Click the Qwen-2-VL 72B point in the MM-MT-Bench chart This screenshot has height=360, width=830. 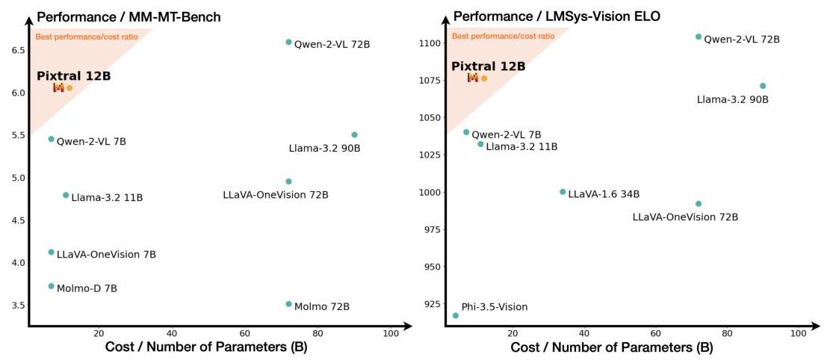click(x=288, y=42)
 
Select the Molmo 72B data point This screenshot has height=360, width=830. click(x=288, y=304)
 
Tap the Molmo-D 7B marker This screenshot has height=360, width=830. click(x=51, y=286)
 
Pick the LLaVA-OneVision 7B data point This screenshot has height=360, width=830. click(x=51, y=252)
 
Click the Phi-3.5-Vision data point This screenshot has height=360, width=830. click(x=455, y=315)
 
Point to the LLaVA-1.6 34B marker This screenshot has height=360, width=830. click(x=563, y=192)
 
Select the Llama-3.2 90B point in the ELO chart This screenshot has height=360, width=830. click(x=762, y=86)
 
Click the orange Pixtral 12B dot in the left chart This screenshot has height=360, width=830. click(x=69, y=88)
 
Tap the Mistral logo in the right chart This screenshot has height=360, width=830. click(x=473, y=78)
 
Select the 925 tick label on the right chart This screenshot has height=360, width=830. click(x=431, y=304)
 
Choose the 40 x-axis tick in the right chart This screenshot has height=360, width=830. click(x=583, y=333)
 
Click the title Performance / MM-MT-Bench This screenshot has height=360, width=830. click(x=128, y=16)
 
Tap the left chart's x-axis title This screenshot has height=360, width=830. click(x=205, y=348)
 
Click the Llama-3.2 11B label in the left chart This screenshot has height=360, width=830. click(x=107, y=198)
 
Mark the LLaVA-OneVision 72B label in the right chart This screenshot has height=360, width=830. click(x=685, y=217)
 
